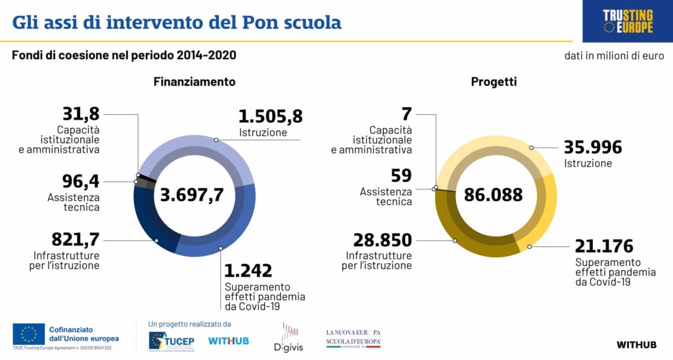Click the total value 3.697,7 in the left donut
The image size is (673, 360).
(191, 195)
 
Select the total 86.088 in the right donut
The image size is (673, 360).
(493, 195)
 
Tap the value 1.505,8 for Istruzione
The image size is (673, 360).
(270, 117)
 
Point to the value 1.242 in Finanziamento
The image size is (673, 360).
(248, 271)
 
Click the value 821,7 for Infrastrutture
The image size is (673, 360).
(76, 240)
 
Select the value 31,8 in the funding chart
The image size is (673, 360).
(81, 114)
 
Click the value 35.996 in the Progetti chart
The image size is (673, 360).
(593, 148)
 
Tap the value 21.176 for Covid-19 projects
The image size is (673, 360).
(604, 246)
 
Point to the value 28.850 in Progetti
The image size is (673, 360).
(383, 240)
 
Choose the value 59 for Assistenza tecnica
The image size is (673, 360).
(401, 176)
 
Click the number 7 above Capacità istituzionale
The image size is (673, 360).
(406, 114)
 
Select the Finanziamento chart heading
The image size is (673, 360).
(195, 82)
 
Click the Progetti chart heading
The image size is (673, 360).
(494, 82)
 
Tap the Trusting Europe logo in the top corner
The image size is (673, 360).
(628, 21)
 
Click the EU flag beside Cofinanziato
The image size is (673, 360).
(28, 334)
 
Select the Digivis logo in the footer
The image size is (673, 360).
(287, 336)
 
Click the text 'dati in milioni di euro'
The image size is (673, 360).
(614, 56)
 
